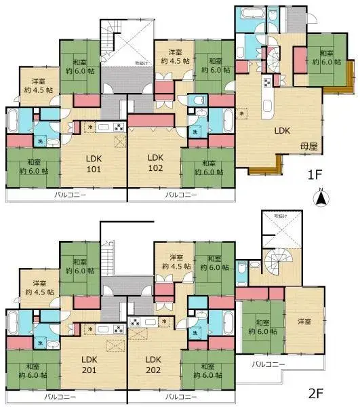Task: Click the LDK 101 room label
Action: pos(93,163)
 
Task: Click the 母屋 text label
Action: pos(302,146)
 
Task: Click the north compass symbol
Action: pos(322,198)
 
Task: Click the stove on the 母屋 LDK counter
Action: pos(267,83)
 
